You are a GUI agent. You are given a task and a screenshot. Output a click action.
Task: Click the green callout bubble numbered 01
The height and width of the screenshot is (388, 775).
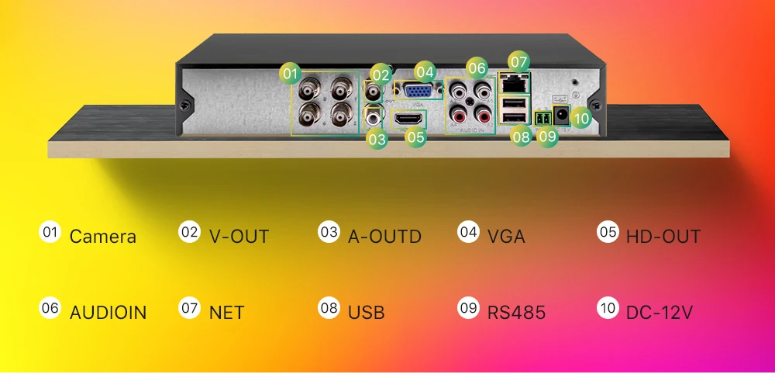(x=290, y=74)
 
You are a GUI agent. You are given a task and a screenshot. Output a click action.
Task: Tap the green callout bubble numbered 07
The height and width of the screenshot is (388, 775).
(x=519, y=62)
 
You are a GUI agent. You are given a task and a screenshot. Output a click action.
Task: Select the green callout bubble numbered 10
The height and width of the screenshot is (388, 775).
(x=581, y=118)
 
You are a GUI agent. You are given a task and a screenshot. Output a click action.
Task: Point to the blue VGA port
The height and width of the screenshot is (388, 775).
(x=418, y=91)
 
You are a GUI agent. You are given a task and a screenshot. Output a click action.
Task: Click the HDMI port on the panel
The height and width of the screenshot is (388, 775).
(x=408, y=120)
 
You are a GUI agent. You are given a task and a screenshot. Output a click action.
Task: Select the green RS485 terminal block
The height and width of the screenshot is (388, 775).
(x=543, y=119)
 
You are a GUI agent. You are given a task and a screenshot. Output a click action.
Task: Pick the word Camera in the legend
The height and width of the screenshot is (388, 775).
(x=103, y=237)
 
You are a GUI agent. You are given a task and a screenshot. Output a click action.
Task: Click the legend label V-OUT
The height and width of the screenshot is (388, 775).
(x=239, y=237)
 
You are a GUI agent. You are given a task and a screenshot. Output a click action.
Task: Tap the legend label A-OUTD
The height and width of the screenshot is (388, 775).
(x=384, y=237)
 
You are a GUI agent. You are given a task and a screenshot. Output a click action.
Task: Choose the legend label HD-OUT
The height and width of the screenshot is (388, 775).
(x=663, y=237)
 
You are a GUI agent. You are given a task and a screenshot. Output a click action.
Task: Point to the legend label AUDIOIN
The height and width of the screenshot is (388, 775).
(x=108, y=313)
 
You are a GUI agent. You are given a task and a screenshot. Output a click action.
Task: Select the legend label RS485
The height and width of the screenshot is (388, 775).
(x=516, y=313)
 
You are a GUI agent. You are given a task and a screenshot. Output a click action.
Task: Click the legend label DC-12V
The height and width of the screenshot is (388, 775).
(x=660, y=313)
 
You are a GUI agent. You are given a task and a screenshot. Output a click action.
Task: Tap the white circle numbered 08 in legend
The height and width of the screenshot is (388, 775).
(x=329, y=308)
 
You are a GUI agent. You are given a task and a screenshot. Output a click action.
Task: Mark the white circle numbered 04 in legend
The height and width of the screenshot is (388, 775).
(x=468, y=231)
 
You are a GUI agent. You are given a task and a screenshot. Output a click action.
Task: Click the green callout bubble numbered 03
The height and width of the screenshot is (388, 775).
(x=377, y=139)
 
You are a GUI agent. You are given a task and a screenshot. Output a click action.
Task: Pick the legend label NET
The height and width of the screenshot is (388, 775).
(x=227, y=313)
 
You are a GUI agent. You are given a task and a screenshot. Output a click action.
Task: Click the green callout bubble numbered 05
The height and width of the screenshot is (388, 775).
(x=415, y=137)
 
